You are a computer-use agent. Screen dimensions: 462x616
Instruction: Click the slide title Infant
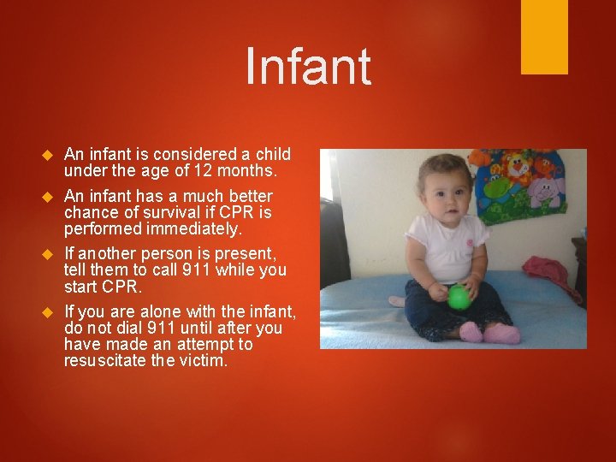[x=308, y=67]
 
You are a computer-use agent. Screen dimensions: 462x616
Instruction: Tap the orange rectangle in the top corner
[x=544, y=37]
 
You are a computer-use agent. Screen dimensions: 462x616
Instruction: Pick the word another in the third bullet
[x=108, y=254]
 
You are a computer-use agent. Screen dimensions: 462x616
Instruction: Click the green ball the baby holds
[x=459, y=297]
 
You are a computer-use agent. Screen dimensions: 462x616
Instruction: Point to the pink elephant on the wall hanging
[x=545, y=192]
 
